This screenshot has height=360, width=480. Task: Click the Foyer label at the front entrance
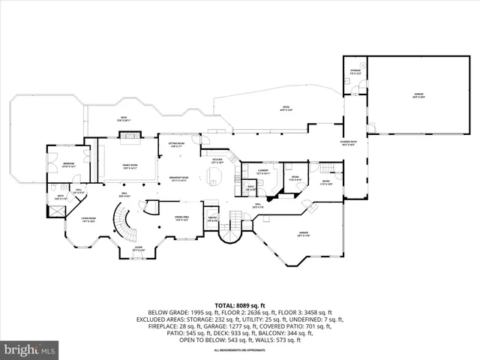coord(139,248)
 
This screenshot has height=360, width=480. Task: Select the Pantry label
coord(212,220)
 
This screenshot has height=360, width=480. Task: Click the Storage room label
coord(355,72)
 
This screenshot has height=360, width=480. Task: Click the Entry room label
coord(325,183)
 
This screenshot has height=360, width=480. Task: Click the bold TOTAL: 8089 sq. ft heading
coord(239,306)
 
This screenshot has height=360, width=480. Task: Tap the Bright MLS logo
coord(29,350)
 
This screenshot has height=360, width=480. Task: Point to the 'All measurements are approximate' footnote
coord(239,350)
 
